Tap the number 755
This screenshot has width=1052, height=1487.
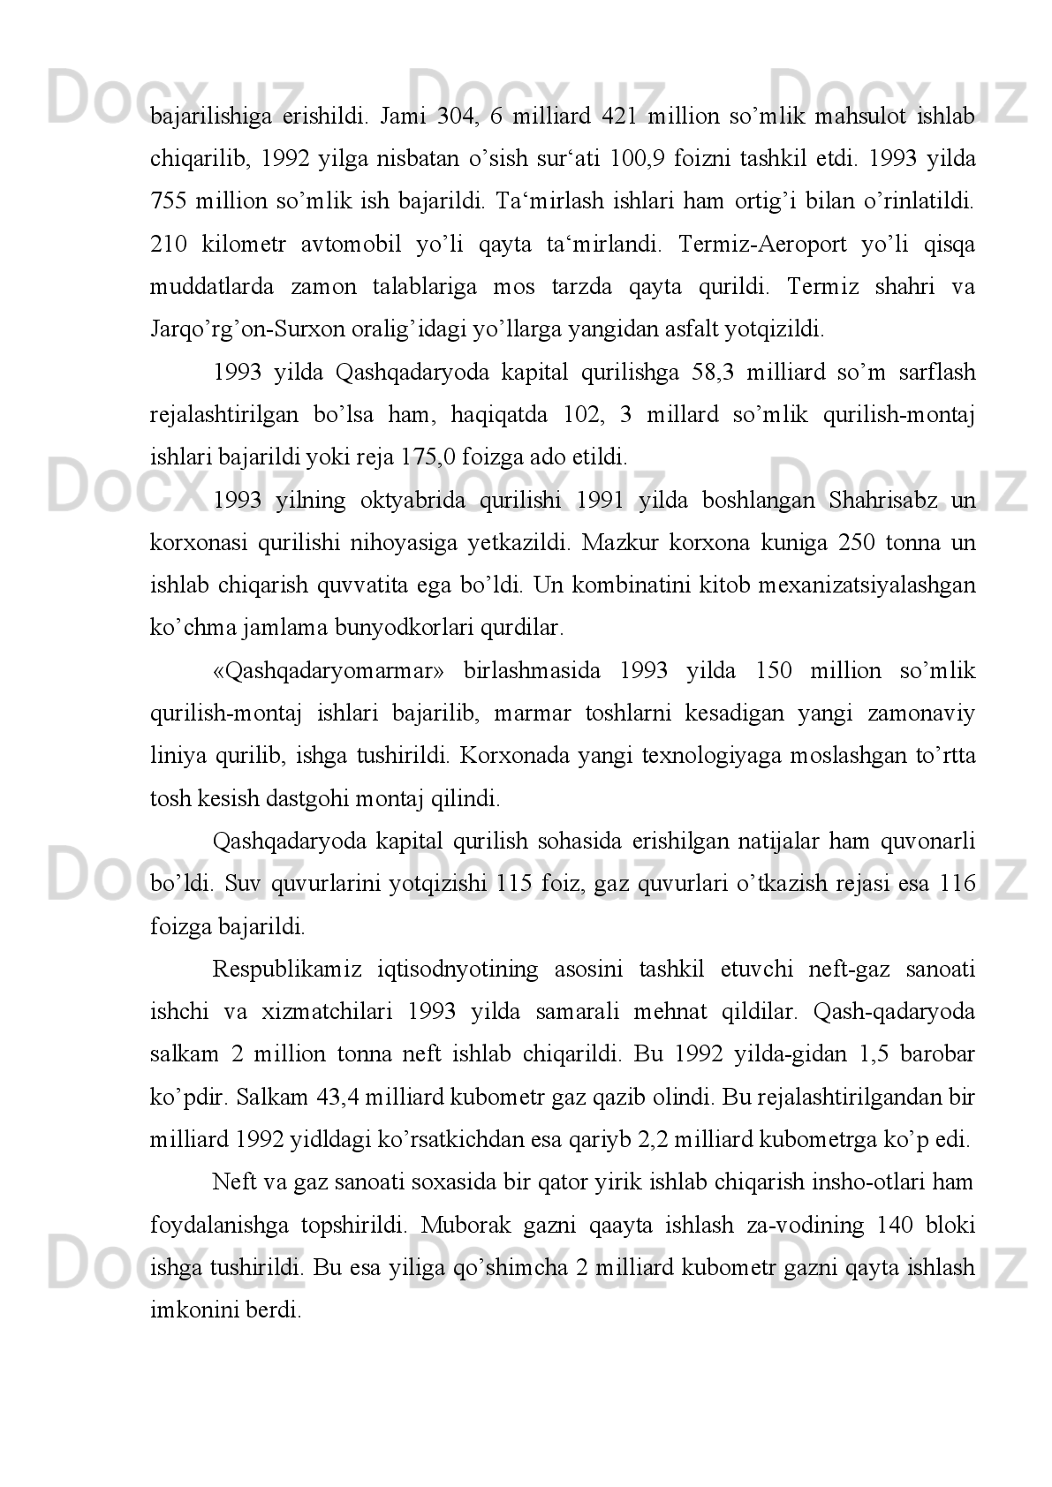tap(168, 202)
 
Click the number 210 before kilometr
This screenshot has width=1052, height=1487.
tap(168, 245)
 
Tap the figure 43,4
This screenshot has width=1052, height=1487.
tap(337, 1098)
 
